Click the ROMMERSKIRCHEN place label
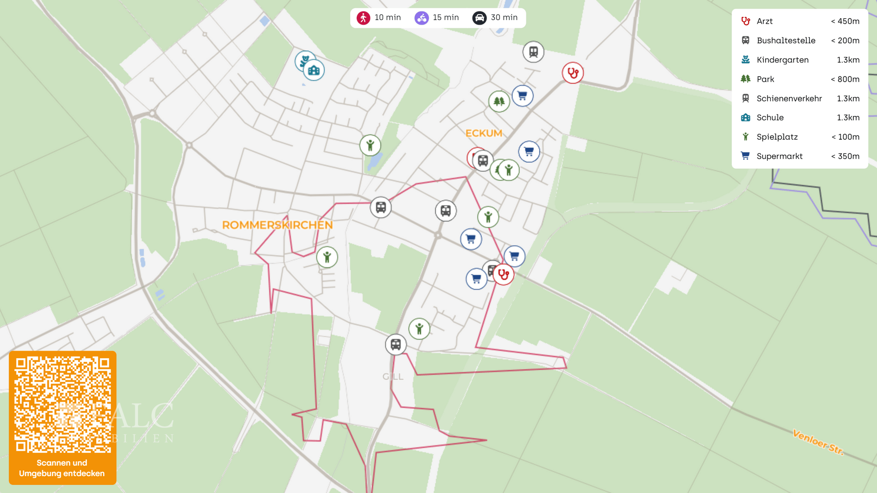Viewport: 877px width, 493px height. (x=277, y=225)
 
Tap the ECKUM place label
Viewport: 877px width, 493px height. (x=484, y=133)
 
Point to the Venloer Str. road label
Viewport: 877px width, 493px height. (x=818, y=442)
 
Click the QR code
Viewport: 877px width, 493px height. (x=63, y=405)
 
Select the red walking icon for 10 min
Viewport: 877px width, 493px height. (x=363, y=18)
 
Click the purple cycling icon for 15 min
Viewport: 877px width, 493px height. (x=422, y=18)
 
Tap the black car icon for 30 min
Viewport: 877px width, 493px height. (x=479, y=18)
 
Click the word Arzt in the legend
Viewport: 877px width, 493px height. (x=764, y=21)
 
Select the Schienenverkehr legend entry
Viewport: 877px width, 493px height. (x=789, y=99)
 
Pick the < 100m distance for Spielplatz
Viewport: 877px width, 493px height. (x=845, y=137)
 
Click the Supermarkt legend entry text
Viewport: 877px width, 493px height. (x=779, y=156)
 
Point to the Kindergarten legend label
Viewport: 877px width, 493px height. (x=782, y=60)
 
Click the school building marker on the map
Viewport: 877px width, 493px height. (x=314, y=70)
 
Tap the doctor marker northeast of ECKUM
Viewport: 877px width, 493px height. (x=572, y=73)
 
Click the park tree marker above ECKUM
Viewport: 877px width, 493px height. (x=499, y=101)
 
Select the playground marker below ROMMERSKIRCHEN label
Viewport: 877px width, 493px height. (x=327, y=257)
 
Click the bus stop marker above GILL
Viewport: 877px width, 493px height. (x=396, y=345)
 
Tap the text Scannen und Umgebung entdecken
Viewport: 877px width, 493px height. (x=62, y=468)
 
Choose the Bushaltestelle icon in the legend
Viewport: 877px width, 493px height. (x=745, y=41)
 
